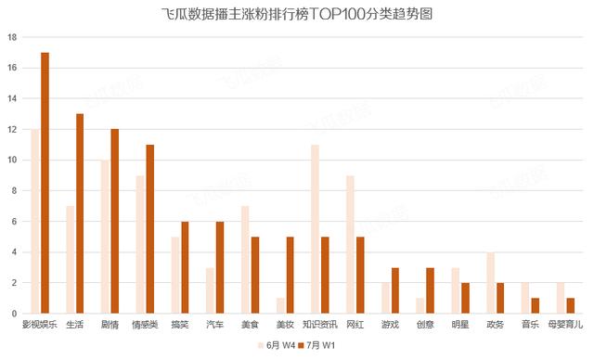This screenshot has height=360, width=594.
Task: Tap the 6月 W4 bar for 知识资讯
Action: click(316, 228)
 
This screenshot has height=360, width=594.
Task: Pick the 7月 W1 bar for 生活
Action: click(80, 212)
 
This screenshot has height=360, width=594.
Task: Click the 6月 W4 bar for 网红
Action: click(350, 244)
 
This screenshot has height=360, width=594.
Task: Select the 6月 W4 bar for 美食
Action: click(245, 259)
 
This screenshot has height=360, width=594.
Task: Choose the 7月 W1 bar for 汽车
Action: click(219, 266)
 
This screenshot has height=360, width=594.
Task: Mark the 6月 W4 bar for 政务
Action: click(491, 282)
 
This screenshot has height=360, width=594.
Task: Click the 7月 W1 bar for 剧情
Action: click(114, 221)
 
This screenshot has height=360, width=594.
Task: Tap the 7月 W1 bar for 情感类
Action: click(149, 228)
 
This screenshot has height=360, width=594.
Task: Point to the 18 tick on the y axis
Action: click(12, 37)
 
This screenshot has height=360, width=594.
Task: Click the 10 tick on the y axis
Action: click(12, 160)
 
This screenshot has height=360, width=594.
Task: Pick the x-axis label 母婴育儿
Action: click(565, 325)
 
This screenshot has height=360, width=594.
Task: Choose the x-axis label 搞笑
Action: click(180, 325)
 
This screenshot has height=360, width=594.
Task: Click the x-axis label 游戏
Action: click(391, 325)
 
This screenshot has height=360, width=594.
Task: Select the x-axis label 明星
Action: click(460, 325)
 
